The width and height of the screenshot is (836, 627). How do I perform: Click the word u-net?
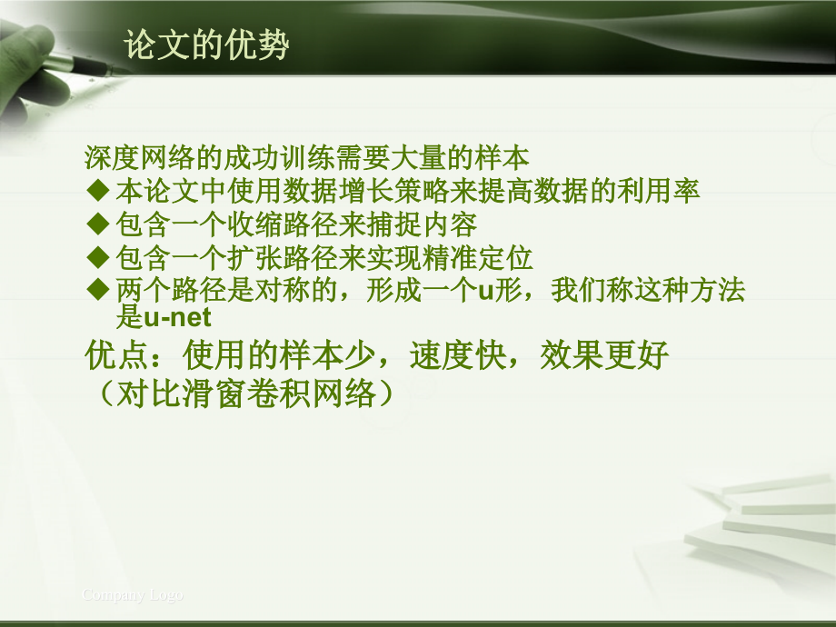pos(177,317)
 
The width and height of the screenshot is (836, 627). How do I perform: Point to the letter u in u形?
pos(485,292)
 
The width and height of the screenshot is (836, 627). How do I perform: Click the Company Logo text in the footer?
pos(133,595)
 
